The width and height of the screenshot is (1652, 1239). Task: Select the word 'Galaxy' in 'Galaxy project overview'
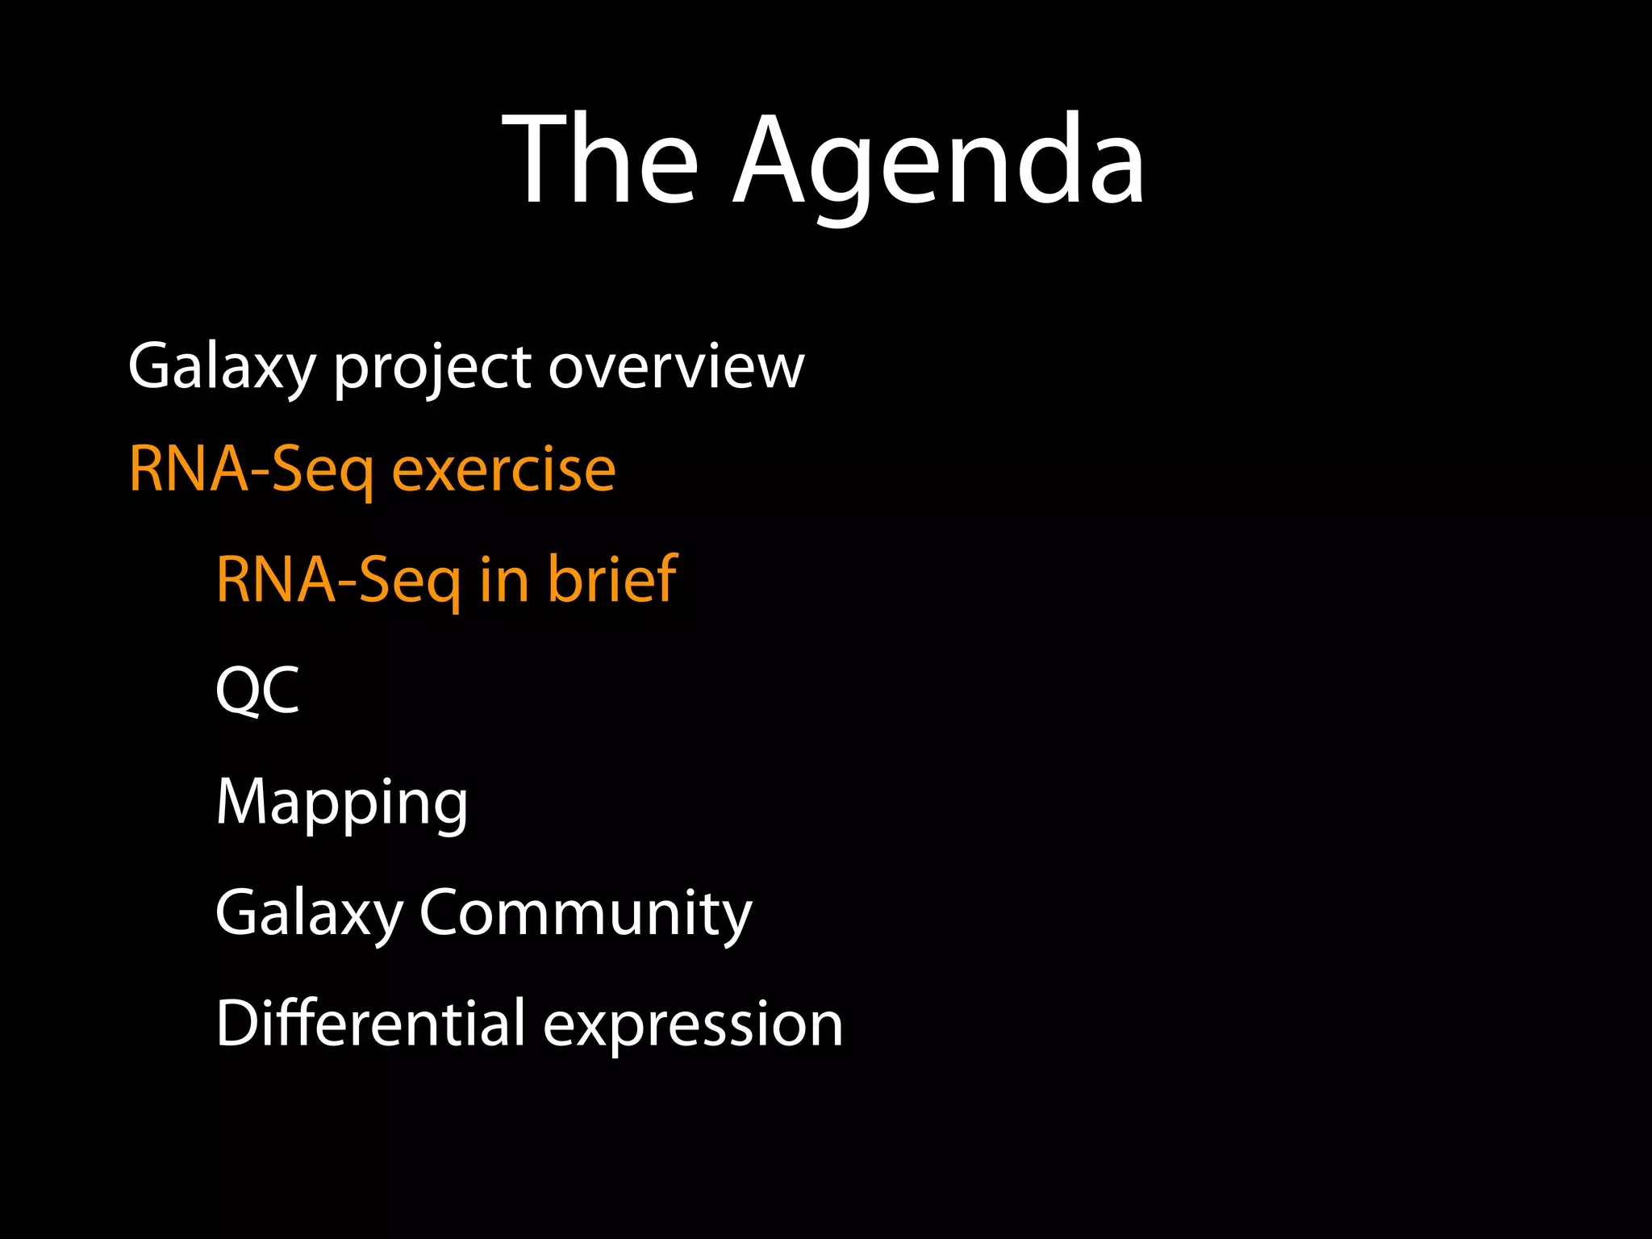coord(222,368)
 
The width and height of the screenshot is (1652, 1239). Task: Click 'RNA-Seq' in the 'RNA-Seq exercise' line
coord(251,469)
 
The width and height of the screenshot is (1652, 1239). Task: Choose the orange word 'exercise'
coord(503,469)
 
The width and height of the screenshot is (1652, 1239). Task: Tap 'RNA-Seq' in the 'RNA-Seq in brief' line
coord(338,579)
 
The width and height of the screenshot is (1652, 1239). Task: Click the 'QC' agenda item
coord(257,690)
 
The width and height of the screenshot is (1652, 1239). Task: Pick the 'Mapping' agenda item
coord(342,803)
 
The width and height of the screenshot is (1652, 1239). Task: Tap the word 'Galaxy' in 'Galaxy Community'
coord(309,913)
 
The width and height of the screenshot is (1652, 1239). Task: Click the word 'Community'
coord(586,913)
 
